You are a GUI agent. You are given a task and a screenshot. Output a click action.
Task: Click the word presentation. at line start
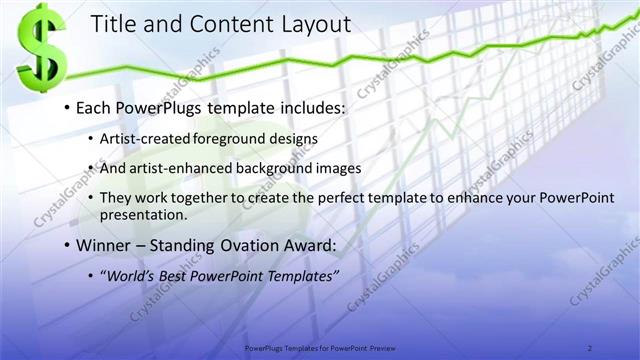coord(143,214)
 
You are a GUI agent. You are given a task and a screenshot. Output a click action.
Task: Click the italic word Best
coord(177,275)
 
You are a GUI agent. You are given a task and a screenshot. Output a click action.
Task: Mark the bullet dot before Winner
coord(66,245)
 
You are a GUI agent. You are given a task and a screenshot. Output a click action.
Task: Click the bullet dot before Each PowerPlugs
coord(66,107)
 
